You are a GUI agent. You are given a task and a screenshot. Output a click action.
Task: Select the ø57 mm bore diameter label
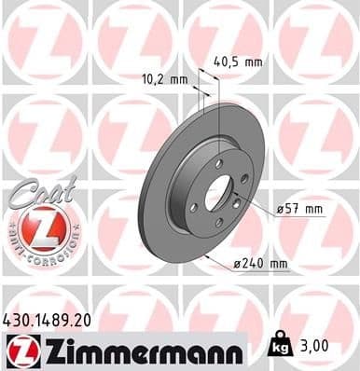pos(300,210)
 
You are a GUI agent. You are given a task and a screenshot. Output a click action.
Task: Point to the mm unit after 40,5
pos(253,62)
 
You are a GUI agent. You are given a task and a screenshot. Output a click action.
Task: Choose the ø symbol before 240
pos(237,264)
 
